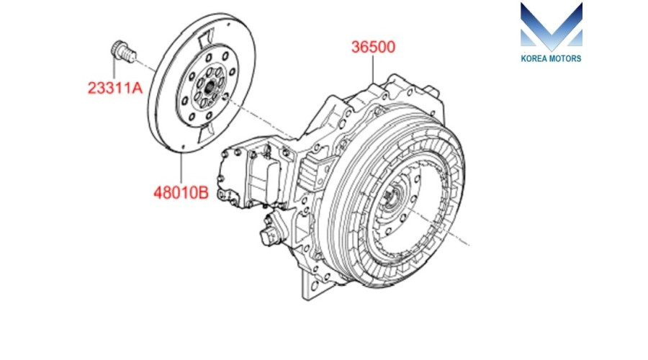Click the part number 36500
click(373, 47)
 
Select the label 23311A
click(115, 88)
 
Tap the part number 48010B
click(181, 193)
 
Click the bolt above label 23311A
click(123, 52)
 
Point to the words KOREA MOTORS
click(551, 59)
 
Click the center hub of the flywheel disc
click(210, 86)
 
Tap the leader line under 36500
click(373, 69)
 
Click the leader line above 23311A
click(114, 69)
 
